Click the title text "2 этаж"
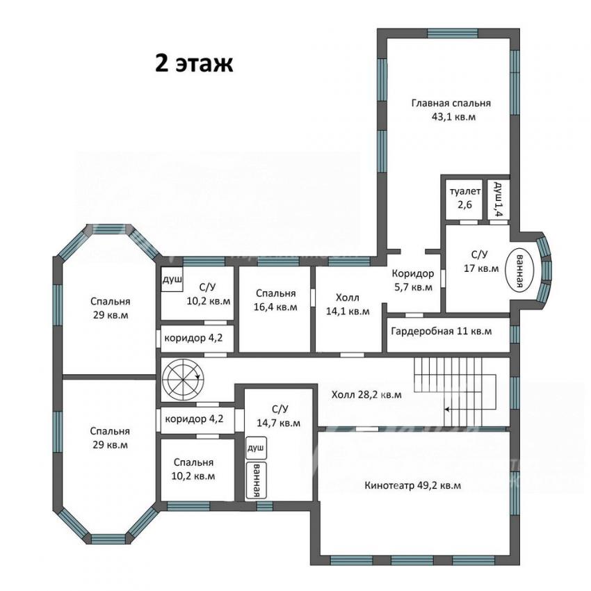pyautogui.click(x=194, y=64)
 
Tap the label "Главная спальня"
pyautogui.click(x=451, y=104)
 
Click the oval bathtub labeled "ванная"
pyautogui.click(x=520, y=270)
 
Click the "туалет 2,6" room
pyautogui.click(x=464, y=199)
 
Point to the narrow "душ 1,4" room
pyautogui.click(x=498, y=199)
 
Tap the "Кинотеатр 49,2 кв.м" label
pyautogui.click(x=413, y=485)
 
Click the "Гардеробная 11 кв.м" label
pyautogui.click(x=442, y=331)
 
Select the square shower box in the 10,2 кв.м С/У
pyautogui.click(x=172, y=279)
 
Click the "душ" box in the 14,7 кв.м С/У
pyautogui.click(x=256, y=448)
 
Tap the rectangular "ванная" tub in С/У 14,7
pyautogui.click(x=256, y=480)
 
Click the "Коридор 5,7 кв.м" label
pyautogui.click(x=413, y=280)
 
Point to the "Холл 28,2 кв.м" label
pyautogui.click(x=366, y=395)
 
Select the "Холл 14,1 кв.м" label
pyautogui.click(x=348, y=305)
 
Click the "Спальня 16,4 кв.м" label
pyautogui.click(x=275, y=300)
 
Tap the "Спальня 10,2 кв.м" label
pyautogui.click(x=193, y=469)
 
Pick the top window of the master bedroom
pyautogui.click(x=453, y=33)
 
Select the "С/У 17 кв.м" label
pyautogui.click(x=481, y=261)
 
